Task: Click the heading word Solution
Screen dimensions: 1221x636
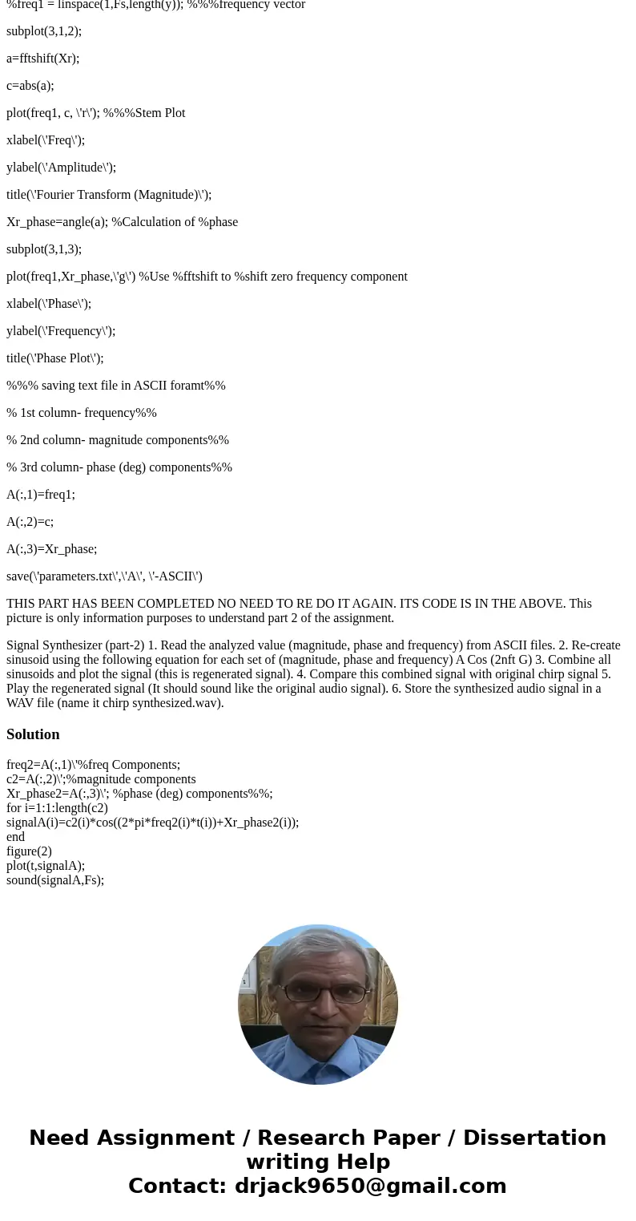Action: click(x=33, y=734)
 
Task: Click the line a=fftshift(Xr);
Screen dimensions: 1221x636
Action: click(x=42, y=59)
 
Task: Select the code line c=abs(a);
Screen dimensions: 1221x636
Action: click(x=30, y=86)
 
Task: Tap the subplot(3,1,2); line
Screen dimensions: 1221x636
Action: click(x=44, y=31)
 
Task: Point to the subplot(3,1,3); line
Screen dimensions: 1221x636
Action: click(x=44, y=249)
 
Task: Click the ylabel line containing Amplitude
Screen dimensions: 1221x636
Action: click(x=61, y=168)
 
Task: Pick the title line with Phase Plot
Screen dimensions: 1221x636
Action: click(x=54, y=358)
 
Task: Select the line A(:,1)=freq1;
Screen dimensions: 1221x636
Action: click(x=41, y=495)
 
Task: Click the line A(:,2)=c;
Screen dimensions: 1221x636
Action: click(x=30, y=522)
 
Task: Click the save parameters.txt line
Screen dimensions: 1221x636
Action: click(x=104, y=576)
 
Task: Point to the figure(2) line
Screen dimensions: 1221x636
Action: click(x=29, y=851)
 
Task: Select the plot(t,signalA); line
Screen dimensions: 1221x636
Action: click(x=46, y=866)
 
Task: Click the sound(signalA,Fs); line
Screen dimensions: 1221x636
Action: click(x=55, y=880)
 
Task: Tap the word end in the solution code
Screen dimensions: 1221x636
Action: click(x=15, y=837)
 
